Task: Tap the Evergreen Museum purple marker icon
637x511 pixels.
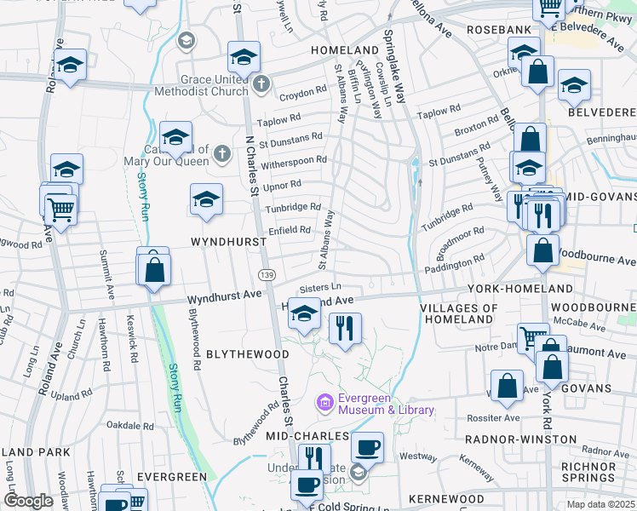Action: coord(324,401)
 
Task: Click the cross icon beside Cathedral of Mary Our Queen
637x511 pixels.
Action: coord(221,154)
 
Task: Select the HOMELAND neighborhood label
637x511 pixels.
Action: coord(344,50)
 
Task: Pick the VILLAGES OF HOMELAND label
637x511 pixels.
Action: coord(459,313)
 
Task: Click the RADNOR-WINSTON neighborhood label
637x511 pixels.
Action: coord(509,439)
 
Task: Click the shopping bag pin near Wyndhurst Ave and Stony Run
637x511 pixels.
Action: coord(155,270)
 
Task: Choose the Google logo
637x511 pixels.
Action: coord(28,501)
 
